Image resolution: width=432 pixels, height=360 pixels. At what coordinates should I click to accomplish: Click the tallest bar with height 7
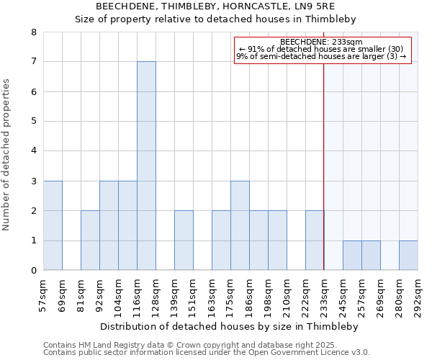(146, 166)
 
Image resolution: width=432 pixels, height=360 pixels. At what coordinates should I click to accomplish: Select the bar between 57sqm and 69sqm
(53, 225)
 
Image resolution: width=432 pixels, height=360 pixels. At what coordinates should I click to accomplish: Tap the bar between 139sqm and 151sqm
(184, 240)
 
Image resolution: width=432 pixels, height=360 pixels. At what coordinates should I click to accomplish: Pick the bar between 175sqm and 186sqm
(240, 225)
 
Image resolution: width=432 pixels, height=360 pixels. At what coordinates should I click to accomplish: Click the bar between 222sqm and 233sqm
(315, 240)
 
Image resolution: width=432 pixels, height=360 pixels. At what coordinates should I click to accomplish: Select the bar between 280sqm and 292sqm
(408, 256)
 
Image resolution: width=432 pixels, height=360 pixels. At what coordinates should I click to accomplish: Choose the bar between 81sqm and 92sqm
(90, 240)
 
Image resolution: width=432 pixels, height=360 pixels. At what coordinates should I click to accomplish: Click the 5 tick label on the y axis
(33, 122)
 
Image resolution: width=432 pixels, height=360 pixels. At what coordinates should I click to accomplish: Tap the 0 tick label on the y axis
(33, 271)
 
